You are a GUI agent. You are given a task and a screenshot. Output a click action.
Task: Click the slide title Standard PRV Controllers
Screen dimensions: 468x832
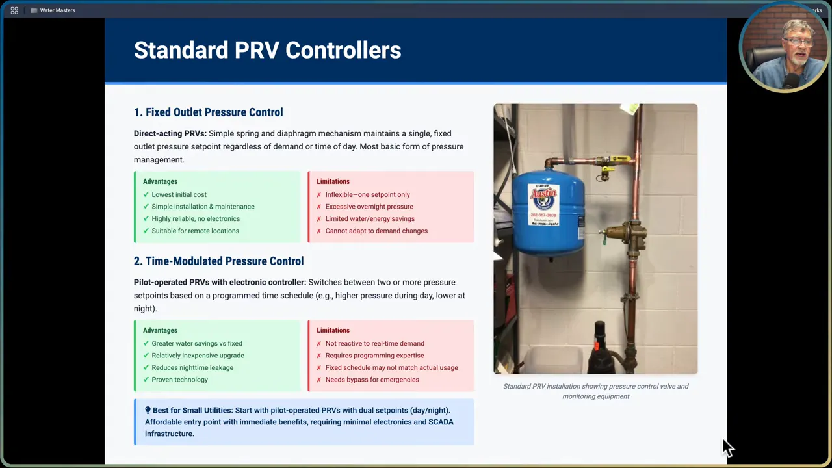pos(267,51)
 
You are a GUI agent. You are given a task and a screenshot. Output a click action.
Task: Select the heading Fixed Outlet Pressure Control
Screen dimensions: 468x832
pos(208,112)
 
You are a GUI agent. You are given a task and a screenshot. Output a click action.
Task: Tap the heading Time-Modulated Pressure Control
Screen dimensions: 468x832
pos(218,261)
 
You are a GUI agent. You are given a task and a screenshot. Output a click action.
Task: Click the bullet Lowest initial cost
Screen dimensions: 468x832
pos(179,194)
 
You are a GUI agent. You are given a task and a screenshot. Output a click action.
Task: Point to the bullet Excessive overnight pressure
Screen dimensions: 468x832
pos(369,207)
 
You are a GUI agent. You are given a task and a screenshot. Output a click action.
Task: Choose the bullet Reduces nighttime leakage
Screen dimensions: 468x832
pos(192,367)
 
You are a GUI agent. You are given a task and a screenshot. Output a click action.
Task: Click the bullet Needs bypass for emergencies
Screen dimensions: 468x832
pos(372,380)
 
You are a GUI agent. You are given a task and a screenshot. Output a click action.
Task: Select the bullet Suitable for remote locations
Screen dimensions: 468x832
pos(195,231)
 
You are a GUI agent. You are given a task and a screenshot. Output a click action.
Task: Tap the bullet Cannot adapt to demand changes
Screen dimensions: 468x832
pos(376,231)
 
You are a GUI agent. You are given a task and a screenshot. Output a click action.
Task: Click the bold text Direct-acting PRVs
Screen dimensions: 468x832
pos(170,133)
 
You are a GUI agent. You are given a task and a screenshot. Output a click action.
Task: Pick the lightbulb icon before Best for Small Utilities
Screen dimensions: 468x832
pos(148,410)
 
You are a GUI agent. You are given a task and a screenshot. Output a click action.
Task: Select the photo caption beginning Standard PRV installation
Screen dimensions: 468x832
pos(595,391)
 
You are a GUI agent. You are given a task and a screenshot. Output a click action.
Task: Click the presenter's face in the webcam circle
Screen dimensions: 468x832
pos(797,47)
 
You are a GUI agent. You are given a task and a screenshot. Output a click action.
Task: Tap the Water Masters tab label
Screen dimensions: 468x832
pos(57,10)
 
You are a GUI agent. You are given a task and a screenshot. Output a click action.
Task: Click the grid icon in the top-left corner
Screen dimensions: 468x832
pos(14,10)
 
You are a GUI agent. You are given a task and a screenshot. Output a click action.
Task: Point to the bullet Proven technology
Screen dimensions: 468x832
pos(179,380)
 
